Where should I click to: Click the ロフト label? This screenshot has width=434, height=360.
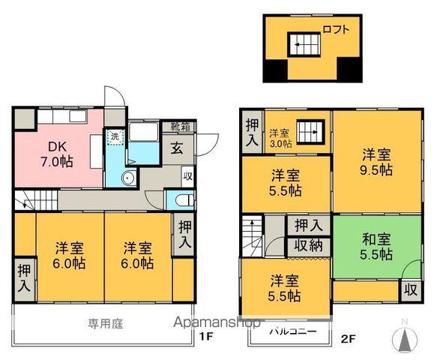point(336,30)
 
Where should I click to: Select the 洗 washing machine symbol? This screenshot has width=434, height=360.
point(114,138)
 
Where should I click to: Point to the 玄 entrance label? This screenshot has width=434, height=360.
point(179,148)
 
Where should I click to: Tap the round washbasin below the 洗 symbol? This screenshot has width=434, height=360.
point(128,178)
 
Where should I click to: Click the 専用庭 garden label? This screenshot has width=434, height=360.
point(104,323)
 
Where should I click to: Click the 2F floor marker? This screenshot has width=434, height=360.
point(346,337)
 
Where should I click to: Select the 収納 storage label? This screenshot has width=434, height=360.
point(308,245)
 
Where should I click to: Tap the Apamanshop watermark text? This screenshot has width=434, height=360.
point(217,322)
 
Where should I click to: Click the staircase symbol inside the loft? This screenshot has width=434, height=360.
point(304,43)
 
